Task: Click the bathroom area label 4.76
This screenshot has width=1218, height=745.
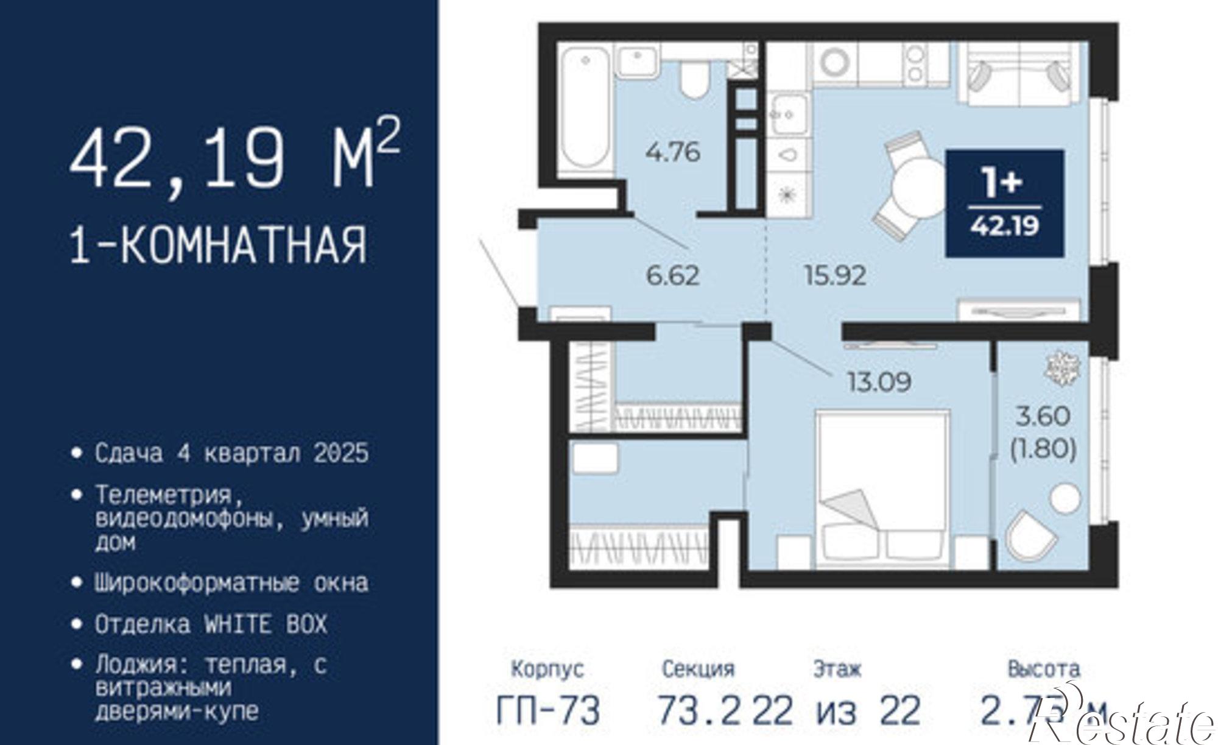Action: coord(673,152)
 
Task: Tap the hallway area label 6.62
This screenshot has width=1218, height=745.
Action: coord(672,275)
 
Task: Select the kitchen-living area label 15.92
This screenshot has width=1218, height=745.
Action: coord(835,275)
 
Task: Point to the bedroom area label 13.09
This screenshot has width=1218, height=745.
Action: coord(879,382)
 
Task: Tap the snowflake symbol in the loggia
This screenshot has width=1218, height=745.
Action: coord(1062,368)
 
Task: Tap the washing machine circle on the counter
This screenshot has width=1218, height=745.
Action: coord(835,63)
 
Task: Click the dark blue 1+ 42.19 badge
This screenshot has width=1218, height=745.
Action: coord(1004,203)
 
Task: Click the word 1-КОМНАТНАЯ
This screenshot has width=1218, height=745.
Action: coord(219,244)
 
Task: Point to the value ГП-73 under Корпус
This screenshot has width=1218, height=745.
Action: coord(548,710)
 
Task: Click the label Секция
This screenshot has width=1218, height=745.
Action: coord(698,669)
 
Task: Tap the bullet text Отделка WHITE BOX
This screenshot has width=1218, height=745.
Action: coord(211,624)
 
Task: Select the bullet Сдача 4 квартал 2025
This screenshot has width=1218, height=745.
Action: coord(231,453)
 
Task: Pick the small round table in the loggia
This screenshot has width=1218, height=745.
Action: coord(1065,499)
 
